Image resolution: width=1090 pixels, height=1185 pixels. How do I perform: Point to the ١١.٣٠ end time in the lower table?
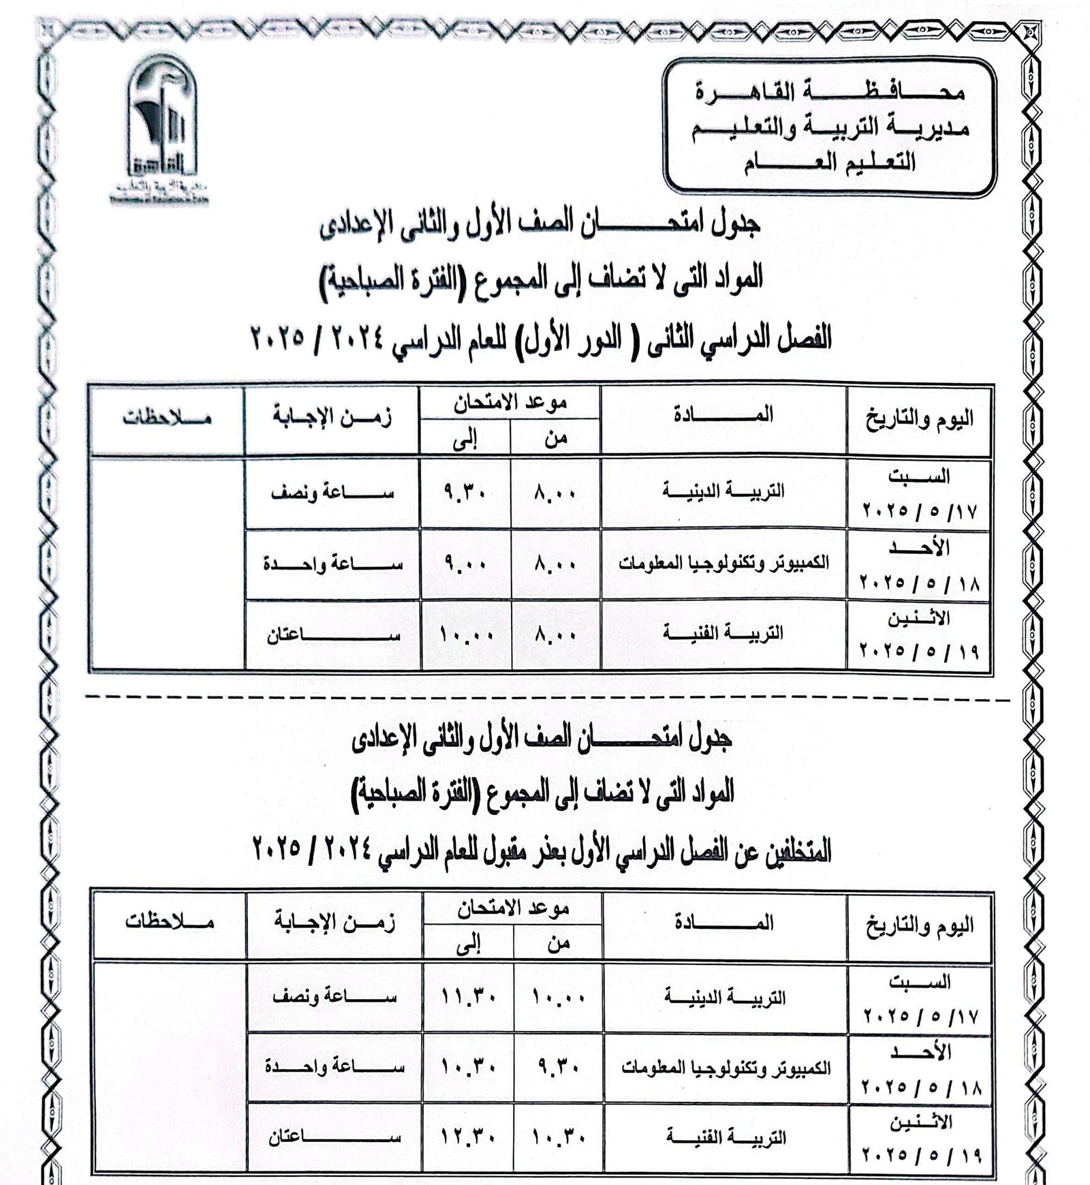tap(468, 998)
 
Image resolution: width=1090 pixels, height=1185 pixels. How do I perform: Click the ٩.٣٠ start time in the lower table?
tap(557, 1068)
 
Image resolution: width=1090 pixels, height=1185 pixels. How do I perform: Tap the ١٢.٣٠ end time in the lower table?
tap(468, 1137)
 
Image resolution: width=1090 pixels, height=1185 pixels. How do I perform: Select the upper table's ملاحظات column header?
tap(167, 418)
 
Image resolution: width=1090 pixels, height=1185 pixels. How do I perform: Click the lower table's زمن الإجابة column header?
tap(334, 923)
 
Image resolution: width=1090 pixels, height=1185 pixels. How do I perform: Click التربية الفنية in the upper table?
tap(723, 634)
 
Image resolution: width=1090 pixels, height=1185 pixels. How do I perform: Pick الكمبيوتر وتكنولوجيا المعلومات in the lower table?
tap(726, 1068)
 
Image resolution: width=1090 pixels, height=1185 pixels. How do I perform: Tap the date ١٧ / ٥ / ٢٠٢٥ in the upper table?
tap(920, 511)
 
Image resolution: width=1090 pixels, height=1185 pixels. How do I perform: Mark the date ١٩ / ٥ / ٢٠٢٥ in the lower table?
tap(922, 1156)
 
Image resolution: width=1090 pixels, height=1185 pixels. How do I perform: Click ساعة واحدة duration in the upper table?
tap(332, 565)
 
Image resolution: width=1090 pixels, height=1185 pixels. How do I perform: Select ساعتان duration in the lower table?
tap(334, 1137)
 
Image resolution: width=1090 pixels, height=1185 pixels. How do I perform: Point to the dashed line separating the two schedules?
tap(545, 699)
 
